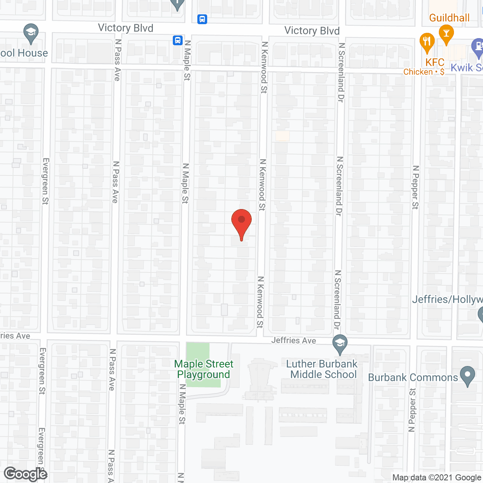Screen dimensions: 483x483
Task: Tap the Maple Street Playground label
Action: click(x=204, y=369)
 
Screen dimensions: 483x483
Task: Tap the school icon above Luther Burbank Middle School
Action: click(x=340, y=344)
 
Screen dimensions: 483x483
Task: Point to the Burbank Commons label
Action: click(x=413, y=378)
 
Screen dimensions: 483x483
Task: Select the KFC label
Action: click(x=435, y=62)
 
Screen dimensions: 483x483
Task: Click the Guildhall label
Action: click(x=449, y=18)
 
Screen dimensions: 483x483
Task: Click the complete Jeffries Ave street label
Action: click(x=294, y=340)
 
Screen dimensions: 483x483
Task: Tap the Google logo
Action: click(x=25, y=474)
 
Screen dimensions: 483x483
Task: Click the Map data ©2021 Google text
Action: click(x=437, y=478)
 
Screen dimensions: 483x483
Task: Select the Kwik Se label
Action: click(x=466, y=68)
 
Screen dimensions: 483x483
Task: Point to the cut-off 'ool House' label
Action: click(x=24, y=53)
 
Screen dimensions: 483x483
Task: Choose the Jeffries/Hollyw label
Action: click(x=447, y=300)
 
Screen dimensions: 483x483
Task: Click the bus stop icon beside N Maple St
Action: click(x=178, y=40)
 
